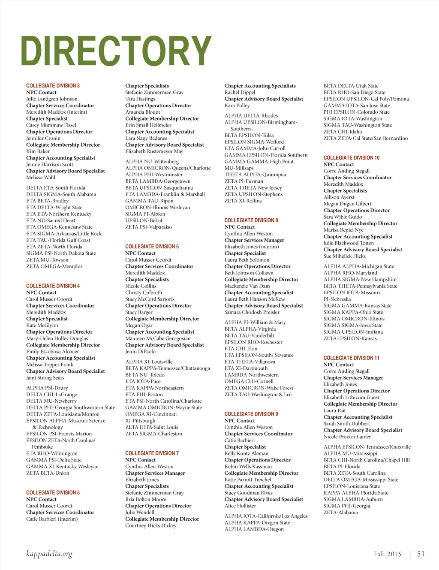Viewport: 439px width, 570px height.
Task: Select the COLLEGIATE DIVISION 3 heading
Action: click(53, 86)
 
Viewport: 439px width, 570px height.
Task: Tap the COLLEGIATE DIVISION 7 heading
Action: click(152, 453)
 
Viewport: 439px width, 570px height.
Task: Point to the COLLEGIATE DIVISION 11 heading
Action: click(351, 358)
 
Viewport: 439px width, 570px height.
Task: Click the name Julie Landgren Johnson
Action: click(52, 99)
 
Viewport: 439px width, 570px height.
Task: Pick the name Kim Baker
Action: click(38, 151)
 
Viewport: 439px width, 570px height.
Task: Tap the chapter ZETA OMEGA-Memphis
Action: click(54, 266)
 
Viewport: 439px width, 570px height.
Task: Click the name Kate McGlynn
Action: click(42, 326)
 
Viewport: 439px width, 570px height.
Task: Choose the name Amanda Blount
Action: click(142, 112)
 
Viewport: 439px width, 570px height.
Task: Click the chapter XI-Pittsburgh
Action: click(140, 421)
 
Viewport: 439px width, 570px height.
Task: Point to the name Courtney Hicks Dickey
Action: click(150, 525)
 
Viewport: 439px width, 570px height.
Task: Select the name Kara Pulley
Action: click(237, 106)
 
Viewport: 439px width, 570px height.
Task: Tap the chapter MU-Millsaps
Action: click(239, 168)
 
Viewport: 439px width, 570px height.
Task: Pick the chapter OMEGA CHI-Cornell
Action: click(249, 381)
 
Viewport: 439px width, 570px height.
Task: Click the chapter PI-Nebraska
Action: click(337, 299)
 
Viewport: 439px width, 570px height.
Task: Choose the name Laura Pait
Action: click(334, 410)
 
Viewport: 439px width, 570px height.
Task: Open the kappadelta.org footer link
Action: click(49, 554)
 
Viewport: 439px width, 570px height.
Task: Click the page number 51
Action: click(421, 554)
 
